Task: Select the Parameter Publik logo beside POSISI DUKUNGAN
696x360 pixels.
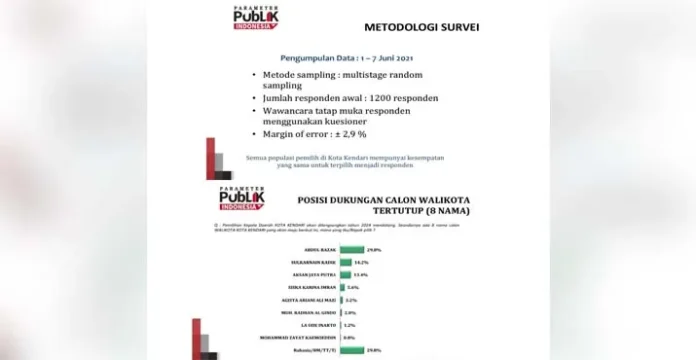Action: (x=239, y=199)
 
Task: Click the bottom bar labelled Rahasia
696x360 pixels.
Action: (x=353, y=350)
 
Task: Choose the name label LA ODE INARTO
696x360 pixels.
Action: (x=317, y=324)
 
